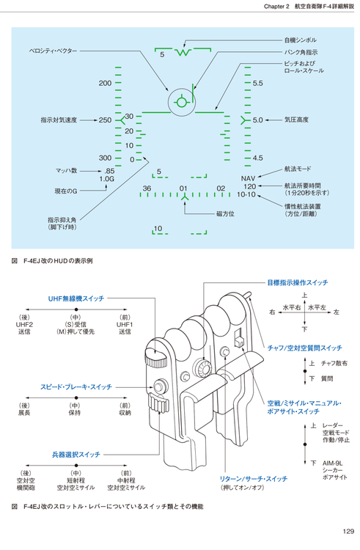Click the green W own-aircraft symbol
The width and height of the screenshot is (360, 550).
(x=183, y=52)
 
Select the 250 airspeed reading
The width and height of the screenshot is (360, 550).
(x=105, y=120)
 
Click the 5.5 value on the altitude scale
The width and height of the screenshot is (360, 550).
(x=257, y=84)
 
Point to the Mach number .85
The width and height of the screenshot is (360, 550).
(x=109, y=171)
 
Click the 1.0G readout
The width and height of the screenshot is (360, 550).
(x=107, y=179)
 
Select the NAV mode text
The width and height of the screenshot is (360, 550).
(x=248, y=179)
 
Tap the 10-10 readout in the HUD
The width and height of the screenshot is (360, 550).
(x=246, y=194)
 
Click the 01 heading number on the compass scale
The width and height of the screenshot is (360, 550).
(x=183, y=188)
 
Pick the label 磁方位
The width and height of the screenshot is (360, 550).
(x=225, y=213)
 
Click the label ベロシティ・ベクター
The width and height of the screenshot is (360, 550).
(x=53, y=51)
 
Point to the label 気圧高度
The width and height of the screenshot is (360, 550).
(x=296, y=120)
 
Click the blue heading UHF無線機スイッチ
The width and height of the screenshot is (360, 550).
(x=76, y=298)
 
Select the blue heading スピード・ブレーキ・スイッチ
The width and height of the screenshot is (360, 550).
(x=76, y=387)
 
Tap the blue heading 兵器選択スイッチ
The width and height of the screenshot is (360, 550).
(x=76, y=455)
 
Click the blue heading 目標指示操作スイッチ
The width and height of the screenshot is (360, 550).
(x=298, y=282)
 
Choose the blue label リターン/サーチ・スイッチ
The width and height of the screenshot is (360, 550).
(x=254, y=479)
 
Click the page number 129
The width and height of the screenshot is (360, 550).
(x=348, y=532)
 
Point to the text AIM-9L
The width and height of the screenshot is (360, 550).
(x=333, y=463)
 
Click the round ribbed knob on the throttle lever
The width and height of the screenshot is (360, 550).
(x=202, y=367)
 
